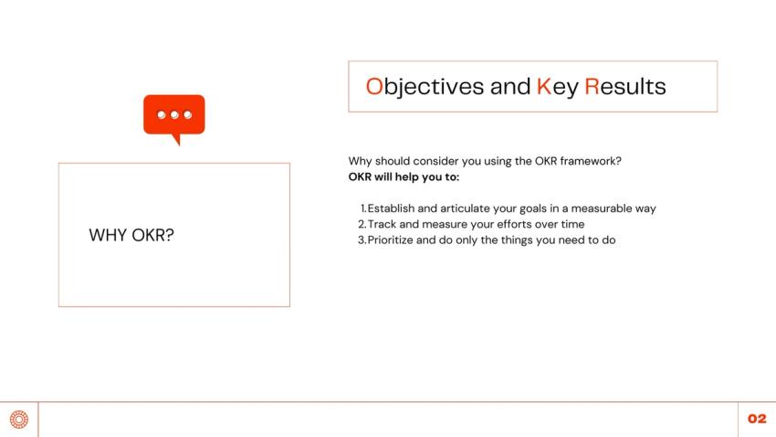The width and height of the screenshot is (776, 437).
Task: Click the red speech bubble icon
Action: (173, 116)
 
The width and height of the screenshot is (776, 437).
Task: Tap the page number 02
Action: (757, 419)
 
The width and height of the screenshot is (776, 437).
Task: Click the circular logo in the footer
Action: (18, 420)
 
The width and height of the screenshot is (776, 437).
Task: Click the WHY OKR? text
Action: (131, 235)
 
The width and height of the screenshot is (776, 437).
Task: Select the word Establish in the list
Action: (391, 208)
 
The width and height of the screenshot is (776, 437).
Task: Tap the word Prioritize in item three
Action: (395, 240)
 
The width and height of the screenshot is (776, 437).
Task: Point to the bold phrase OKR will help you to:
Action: (404, 176)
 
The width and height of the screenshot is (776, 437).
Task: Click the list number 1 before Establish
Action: (362, 208)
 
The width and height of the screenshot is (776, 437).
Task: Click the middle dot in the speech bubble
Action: (173, 114)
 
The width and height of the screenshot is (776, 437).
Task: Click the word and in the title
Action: (509, 87)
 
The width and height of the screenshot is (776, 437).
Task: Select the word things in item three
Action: (512, 240)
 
